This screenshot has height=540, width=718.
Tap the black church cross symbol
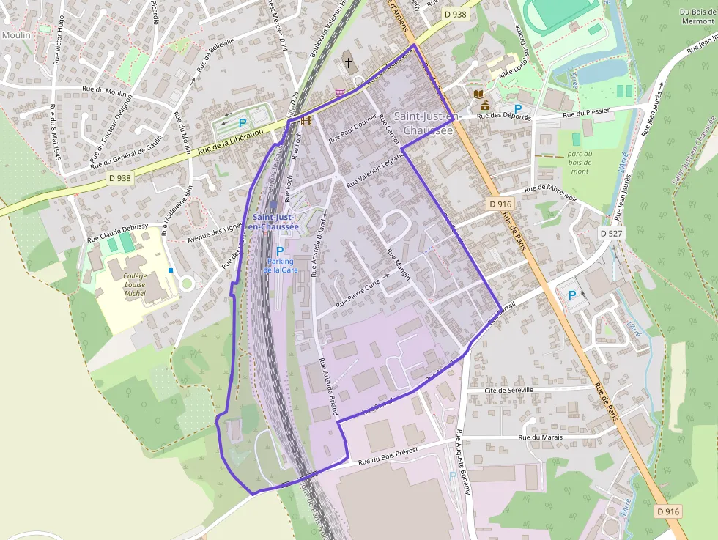point(349,63)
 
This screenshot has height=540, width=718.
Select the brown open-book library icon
point(478,95)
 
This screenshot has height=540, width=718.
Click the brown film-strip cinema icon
point(306,120)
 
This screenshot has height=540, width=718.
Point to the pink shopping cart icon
point(339,93)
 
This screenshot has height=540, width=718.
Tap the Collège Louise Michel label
point(135,284)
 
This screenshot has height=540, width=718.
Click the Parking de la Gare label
point(279,265)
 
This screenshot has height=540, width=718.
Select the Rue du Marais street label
point(540,437)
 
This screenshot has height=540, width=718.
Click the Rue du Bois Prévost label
point(388,456)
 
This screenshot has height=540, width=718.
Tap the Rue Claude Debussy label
point(117,232)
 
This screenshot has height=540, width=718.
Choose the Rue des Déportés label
point(503,116)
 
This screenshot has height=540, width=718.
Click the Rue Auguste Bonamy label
point(463,462)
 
